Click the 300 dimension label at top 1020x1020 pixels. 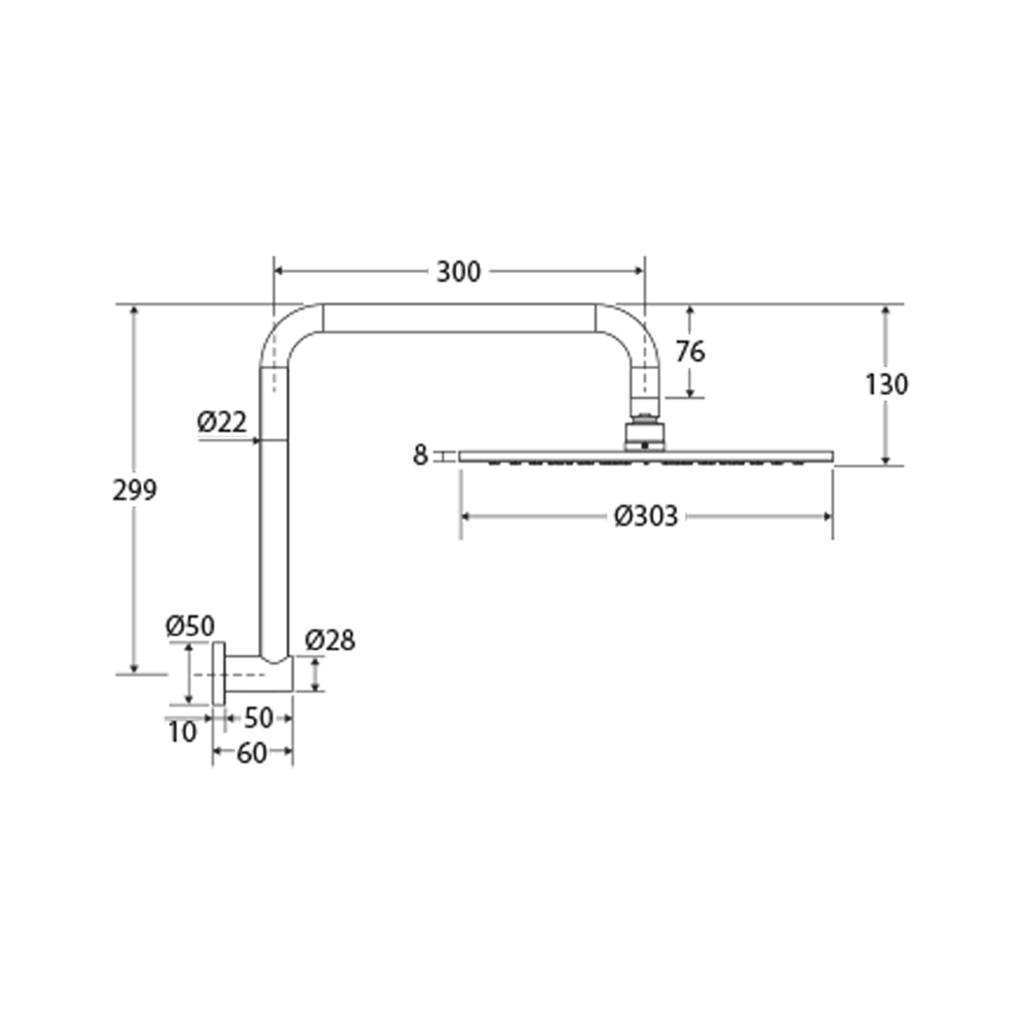pyautogui.click(x=458, y=272)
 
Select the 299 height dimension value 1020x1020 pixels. pyautogui.click(x=135, y=490)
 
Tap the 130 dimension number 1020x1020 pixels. pyautogui.click(x=887, y=384)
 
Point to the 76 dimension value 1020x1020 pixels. pyautogui.click(x=690, y=351)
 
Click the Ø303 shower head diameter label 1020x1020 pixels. pyautogui.click(x=646, y=517)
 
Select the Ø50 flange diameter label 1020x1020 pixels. pyautogui.click(x=189, y=625)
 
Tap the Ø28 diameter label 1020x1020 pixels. pyautogui.click(x=330, y=640)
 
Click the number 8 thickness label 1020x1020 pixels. pyautogui.click(x=420, y=456)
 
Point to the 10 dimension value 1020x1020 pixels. pyautogui.click(x=183, y=731)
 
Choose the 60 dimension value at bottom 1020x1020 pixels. pyautogui.click(x=251, y=754)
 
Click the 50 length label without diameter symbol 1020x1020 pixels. pyautogui.click(x=258, y=719)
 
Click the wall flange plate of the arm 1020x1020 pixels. pyautogui.click(x=219, y=673)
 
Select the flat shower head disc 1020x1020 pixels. pyautogui.click(x=646, y=456)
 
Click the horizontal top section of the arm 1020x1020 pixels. pyautogui.click(x=458, y=318)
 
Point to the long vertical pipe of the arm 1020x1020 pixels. pyautogui.click(x=273, y=510)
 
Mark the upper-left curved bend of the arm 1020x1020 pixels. pyautogui.click(x=286, y=331)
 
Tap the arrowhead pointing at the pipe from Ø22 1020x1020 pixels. pyautogui.click(x=255, y=440)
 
